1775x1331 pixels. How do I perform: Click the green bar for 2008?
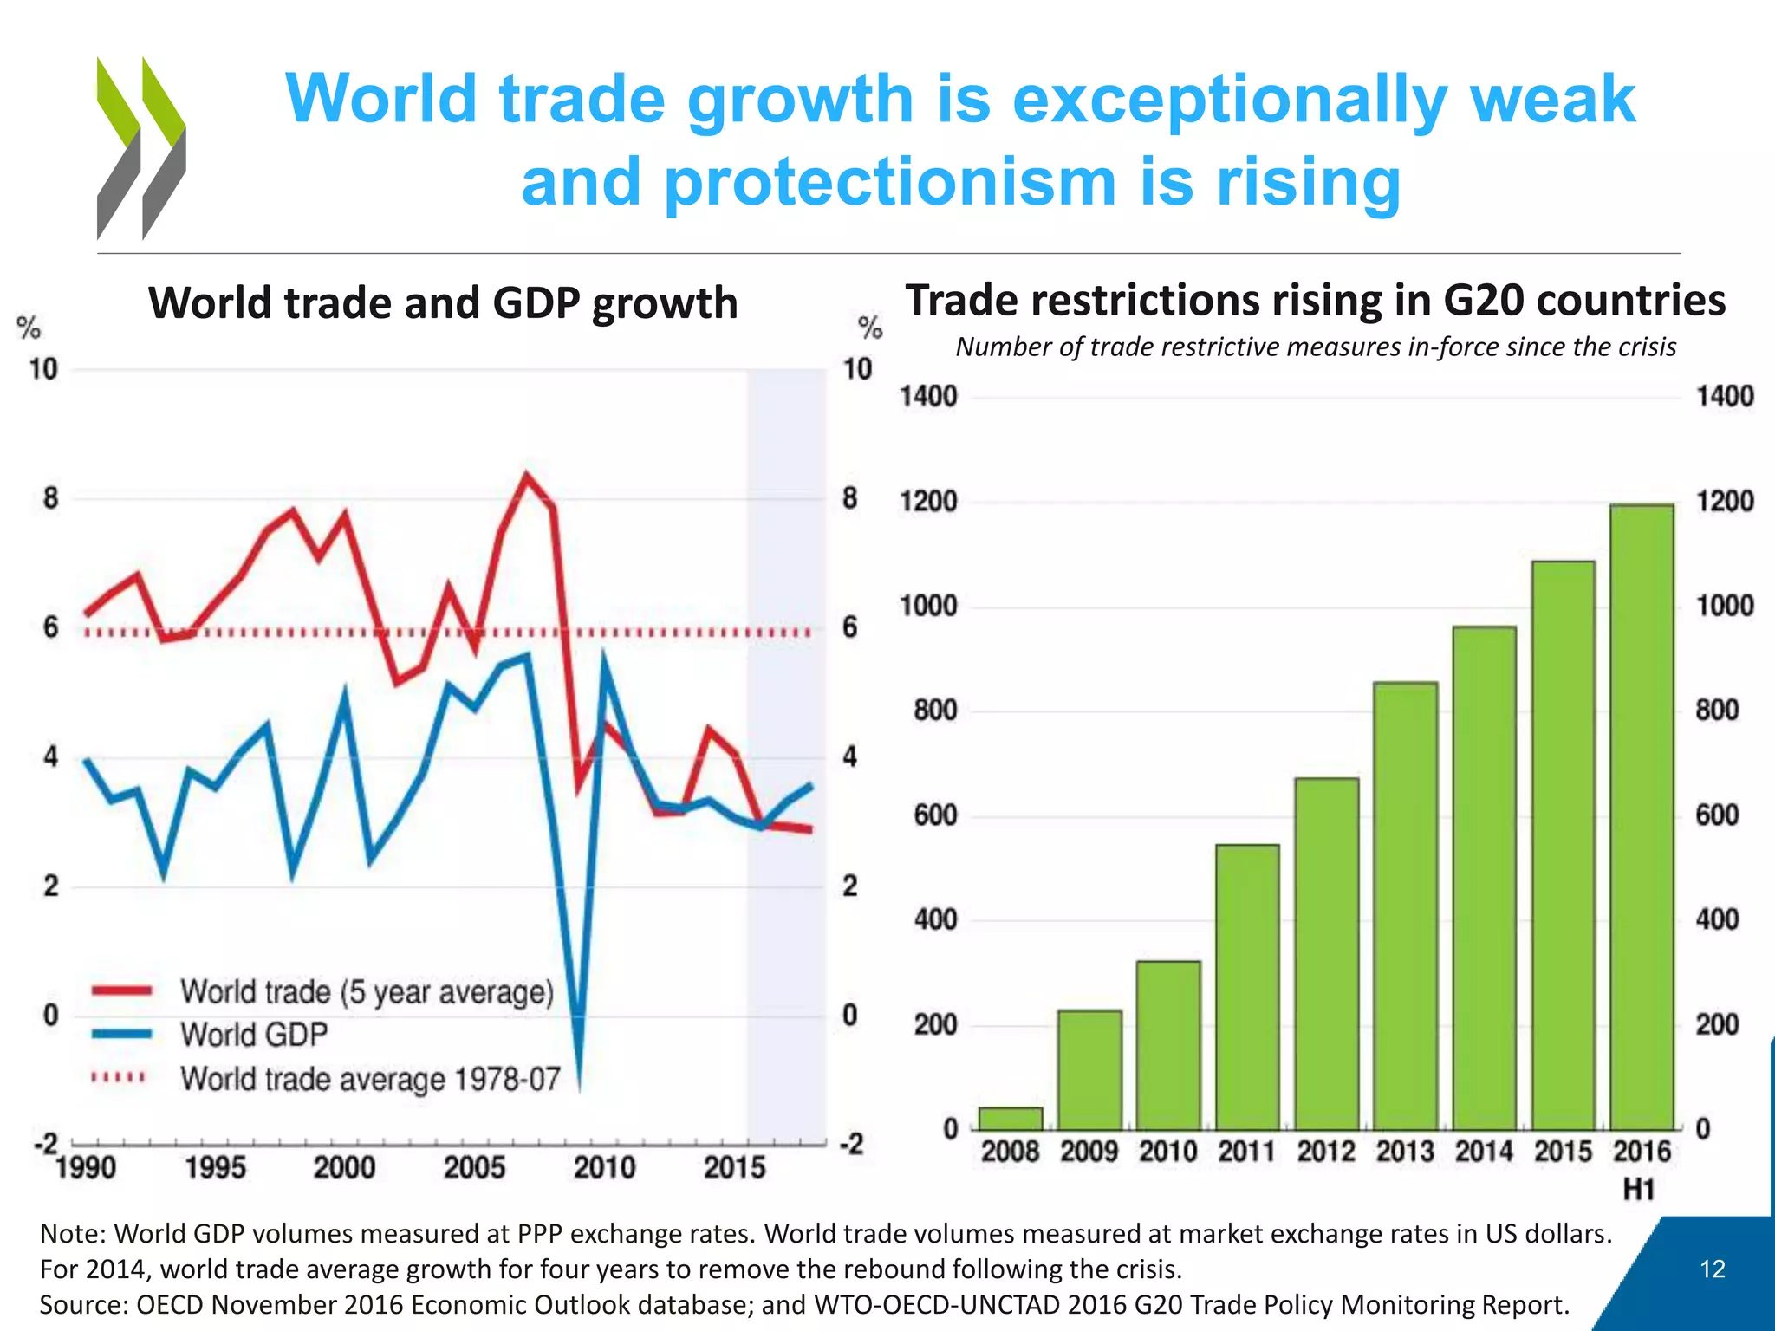[x=1011, y=1118]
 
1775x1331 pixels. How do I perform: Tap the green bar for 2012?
[x=1326, y=953]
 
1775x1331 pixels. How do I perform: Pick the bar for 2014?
[x=1484, y=877]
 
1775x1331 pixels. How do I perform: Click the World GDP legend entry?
[x=253, y=1035]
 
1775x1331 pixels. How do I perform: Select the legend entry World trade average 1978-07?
[x=369, y=1079]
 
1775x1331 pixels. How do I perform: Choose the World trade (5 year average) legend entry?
[x=366, y=991]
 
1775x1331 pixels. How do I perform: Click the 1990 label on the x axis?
[x=86, y=1168]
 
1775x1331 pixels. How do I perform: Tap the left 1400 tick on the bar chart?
[x=928, y=397]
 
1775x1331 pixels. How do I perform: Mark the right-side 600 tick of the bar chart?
[x=1717, y=815]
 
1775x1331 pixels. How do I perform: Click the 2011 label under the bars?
[x=1246, y=1152]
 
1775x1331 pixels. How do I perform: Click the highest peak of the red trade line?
[x=526, y=477]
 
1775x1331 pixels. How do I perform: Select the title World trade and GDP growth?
[x=443, y=303]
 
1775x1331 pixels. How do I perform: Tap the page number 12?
[x=1713, y=1269]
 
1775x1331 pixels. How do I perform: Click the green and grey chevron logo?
[x=140, y=147]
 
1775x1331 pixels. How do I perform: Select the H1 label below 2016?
[x=1639, y=1190]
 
